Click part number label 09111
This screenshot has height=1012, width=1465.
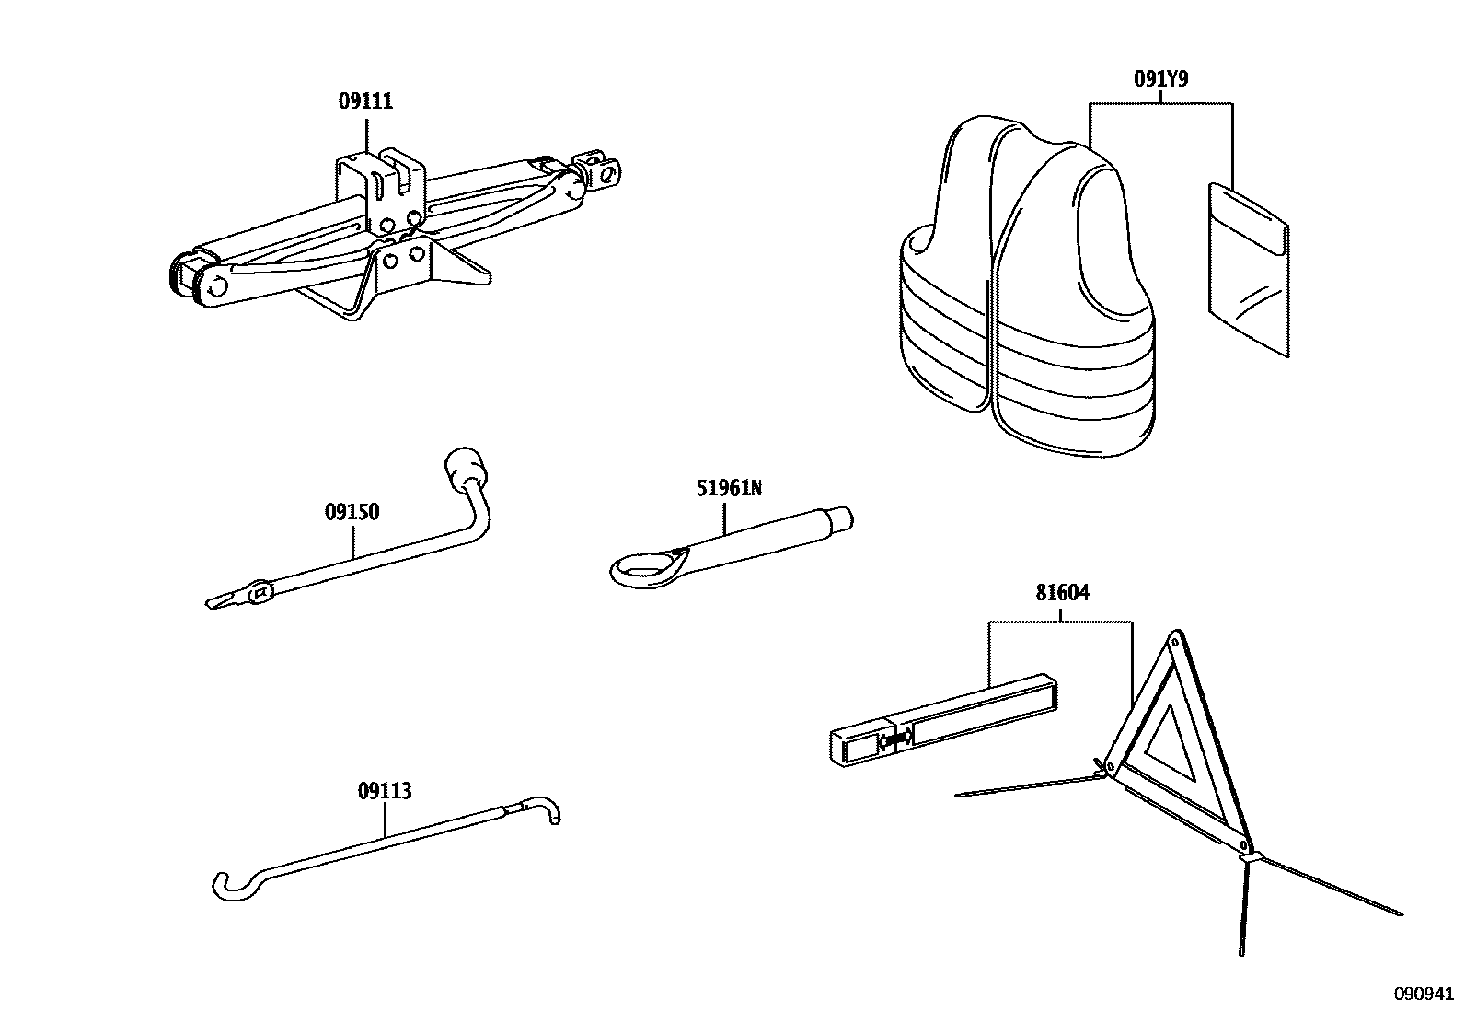pos(365,102)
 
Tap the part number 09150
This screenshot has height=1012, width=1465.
pos(352,512)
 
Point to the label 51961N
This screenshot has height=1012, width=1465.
pos(729,488)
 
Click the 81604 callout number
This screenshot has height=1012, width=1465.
pos(1062,593)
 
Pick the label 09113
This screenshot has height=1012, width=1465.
pos(384,791)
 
